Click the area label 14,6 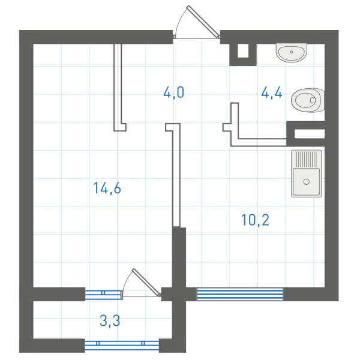click(x=107, y=188)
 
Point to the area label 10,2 click(x=255, y=220)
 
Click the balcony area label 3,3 click(x=110, y=320)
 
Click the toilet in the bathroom click(x=309, y=100)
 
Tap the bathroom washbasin click(x=292, y=53)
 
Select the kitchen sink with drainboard click(x=306, y=173)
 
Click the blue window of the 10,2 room click(x=239, y=293)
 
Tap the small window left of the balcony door click(x=103, y=293)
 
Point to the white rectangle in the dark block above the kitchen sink click(x=310, y=134)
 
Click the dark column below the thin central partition click(x=179, y=258)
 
